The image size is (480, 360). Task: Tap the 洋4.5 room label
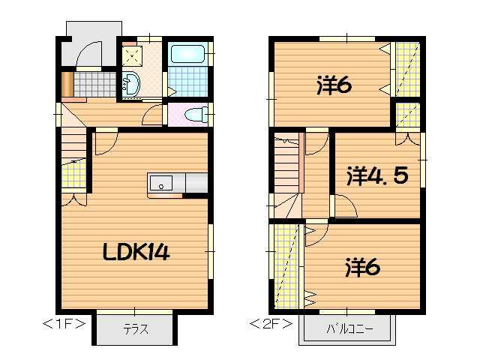(377, 176)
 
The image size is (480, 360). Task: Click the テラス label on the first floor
(135, 328)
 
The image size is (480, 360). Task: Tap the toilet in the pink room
(195, 114)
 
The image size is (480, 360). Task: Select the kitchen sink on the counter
(160, 183)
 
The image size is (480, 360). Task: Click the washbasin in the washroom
(130, 85)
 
